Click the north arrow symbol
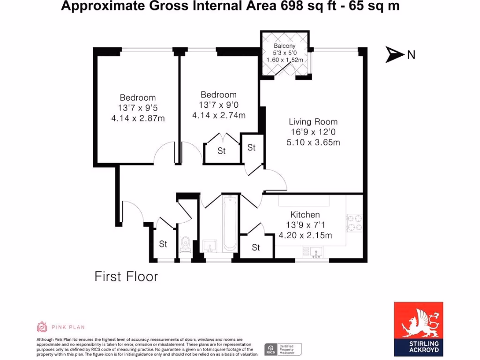(395, 54)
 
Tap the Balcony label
(285, 46)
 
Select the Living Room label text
(313, 122)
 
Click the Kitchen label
(305, 215)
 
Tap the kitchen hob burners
(354, 223)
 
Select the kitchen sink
(314, 253)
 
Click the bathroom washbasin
(209, 246)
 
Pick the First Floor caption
(126, 277)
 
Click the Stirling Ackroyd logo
(418, 327)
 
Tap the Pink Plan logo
(61, 327)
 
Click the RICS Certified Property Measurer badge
(283, 349)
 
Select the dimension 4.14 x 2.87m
(138, 119)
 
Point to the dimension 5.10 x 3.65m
(313, 142)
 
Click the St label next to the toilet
(163, 244)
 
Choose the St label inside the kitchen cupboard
(255, 247)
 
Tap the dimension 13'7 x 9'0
(218, 105)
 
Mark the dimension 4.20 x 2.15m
(305, 235)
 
